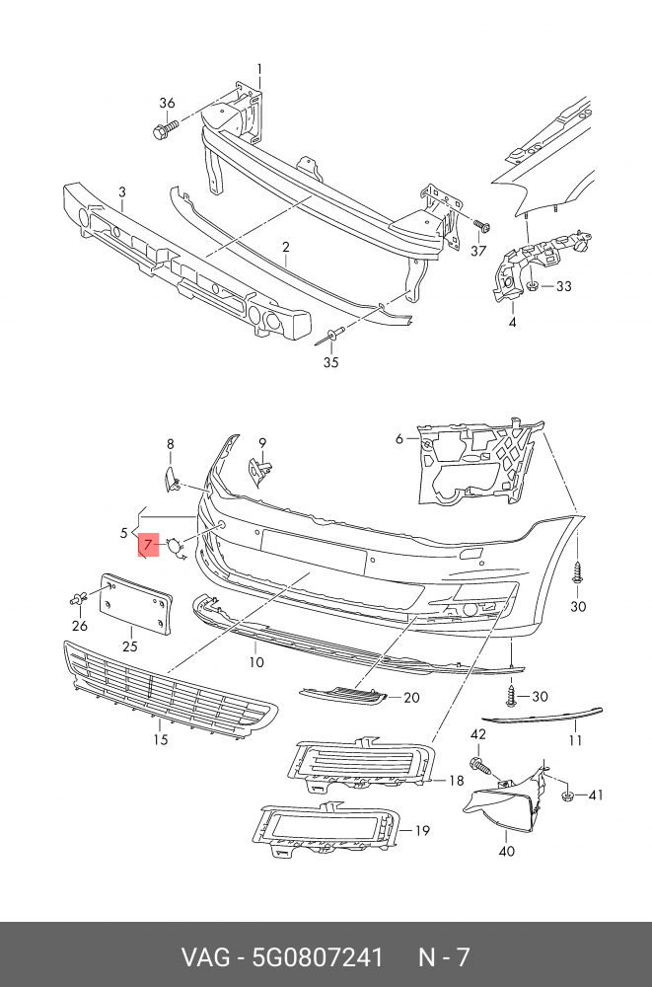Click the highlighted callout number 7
pyautogui.click(x=147, y=543)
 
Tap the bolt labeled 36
pyautogui.click(x=164, y=128)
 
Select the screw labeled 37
pyautogui.click(x=480, y=226)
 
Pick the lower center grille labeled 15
pyautogui.click(x=168, y=690)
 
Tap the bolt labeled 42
pyautogui.click(x=480, y=764)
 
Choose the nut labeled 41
pyautogui.click(x=566, y=795)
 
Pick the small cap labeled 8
pyautogui.click(x=170, y=480)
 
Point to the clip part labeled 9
pyautogui.click(x=260, y=471)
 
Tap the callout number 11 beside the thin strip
pyautogui.click(x=575, y=739)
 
